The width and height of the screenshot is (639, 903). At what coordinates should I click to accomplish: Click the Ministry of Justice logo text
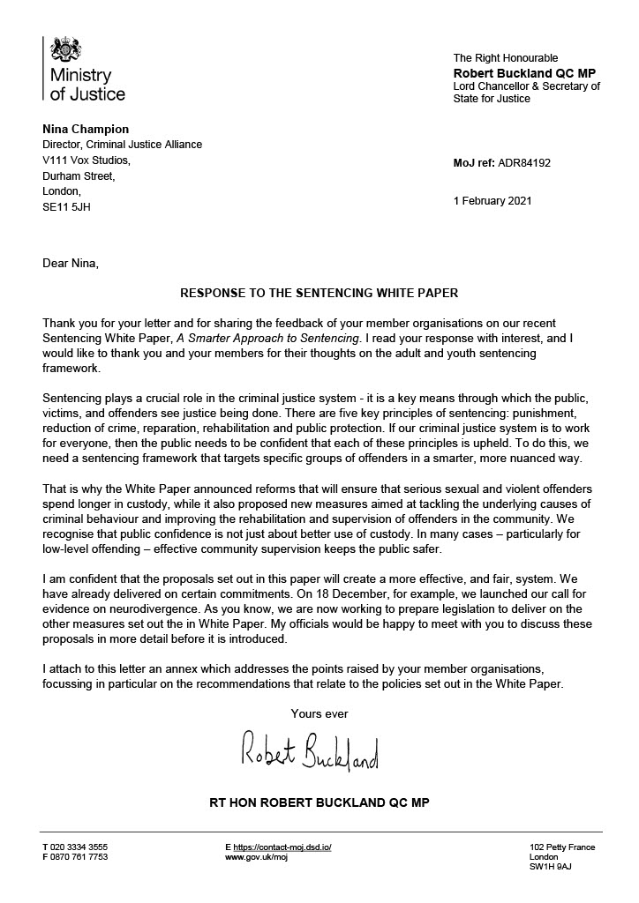86,85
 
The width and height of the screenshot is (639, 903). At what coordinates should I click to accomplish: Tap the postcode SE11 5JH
66,207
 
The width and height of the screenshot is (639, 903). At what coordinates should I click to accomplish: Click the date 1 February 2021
492,201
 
